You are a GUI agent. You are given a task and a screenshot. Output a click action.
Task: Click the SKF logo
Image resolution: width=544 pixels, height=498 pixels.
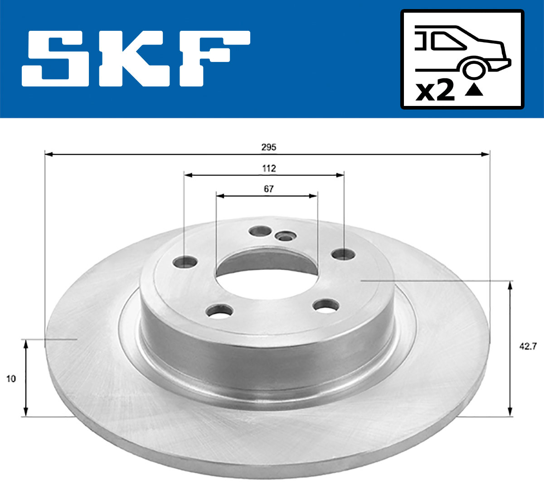click(136, 59)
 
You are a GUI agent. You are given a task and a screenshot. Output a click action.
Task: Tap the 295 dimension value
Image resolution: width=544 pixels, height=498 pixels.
click(269, 147)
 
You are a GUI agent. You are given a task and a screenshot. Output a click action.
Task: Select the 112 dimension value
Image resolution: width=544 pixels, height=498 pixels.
click(269, 168)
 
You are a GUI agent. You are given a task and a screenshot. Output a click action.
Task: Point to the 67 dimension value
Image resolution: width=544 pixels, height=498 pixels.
click(269, 189)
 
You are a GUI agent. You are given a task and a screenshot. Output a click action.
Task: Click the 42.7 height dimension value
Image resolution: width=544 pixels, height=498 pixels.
click(528, 347)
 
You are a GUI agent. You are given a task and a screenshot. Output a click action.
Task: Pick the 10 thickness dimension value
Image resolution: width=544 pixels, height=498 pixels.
click(11, 378)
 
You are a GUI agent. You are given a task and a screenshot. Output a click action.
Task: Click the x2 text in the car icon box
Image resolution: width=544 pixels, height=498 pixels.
click(435, 91)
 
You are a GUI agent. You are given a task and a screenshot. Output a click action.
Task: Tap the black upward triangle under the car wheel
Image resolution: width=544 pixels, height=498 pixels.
click(474, 90)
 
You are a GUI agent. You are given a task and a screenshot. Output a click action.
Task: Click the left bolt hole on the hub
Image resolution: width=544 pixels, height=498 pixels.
click(186, 262)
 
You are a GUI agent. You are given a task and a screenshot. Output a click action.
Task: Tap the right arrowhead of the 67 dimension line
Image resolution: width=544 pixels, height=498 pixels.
click(314, 196)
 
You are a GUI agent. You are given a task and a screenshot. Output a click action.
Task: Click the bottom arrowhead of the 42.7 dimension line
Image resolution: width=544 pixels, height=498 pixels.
click(510, 412)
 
